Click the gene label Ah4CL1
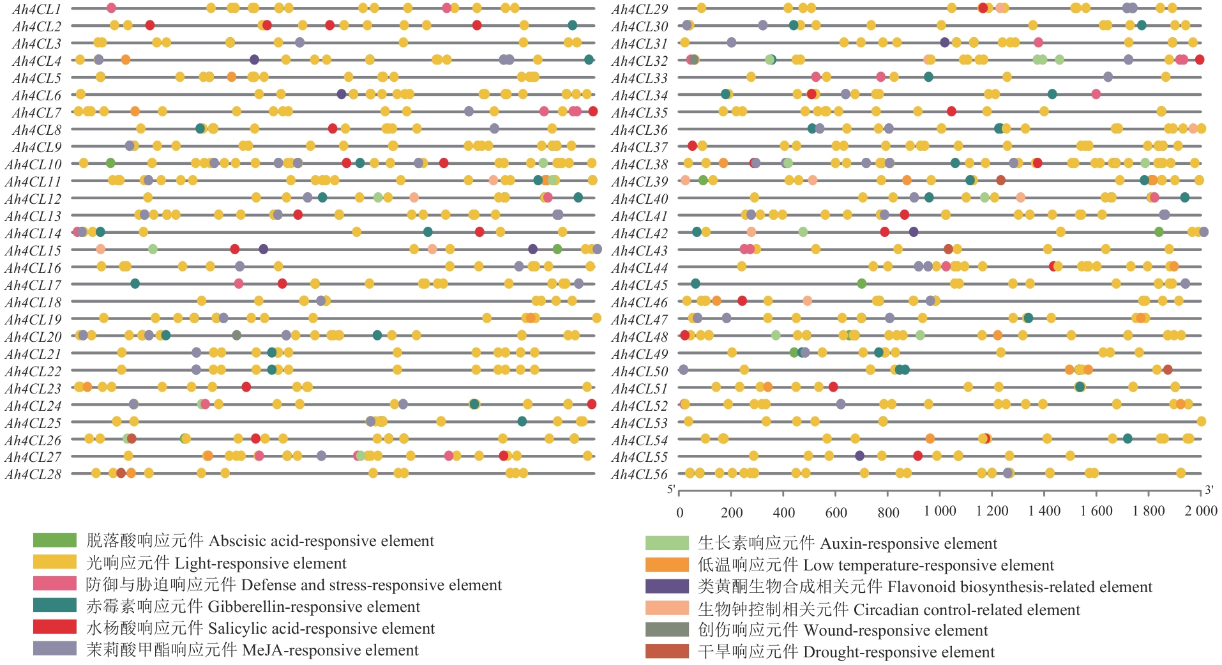tap(36, 9)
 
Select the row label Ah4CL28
tap(33, 475)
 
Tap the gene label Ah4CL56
tap(640, 475)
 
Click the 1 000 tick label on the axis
tap(940, 511)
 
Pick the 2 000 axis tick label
tap(1201, 511)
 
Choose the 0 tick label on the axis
tap(679, 512)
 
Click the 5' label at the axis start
tap(671, 490)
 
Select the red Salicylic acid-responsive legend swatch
tap(55, 627)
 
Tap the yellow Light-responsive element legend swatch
tap(55, 562)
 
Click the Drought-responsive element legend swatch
tap(667, 651)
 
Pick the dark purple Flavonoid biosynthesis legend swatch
tap(667, 586)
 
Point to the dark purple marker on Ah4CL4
tap(254, 60)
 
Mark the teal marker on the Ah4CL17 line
tap(135, 284)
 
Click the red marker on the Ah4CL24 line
tap(592, 404)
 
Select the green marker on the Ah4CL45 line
tap(862, 284)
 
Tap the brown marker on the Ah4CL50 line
tap(1168, 369)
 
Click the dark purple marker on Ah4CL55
tap(859, 455)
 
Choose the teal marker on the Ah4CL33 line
tap(928, 77)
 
